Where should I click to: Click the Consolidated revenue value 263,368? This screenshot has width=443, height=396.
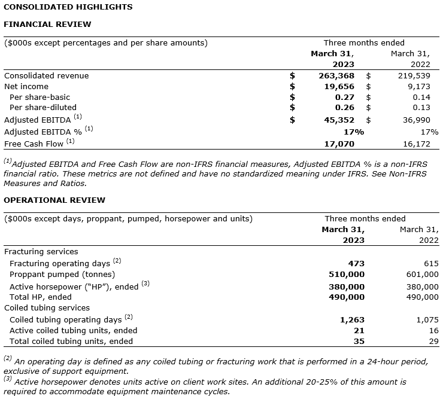click(x=336, y=76)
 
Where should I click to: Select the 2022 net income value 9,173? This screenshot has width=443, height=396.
click(x=418, y=87)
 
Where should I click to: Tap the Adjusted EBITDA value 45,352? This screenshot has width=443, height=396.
click(x=339, y=120)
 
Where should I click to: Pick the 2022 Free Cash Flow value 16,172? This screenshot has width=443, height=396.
click(x=414, y=144)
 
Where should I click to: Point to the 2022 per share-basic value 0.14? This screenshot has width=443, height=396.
click(x=421, y=97)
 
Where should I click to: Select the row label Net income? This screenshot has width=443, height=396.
click(x=26, y=87)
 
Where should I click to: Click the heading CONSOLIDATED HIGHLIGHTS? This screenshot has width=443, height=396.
click(x=68, y=7)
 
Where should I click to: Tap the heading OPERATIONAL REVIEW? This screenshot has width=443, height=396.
click(x=54, y=200)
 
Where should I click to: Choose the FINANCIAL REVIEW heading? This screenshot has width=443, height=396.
click(x=48, y=25)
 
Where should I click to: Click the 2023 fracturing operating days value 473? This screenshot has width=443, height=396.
click(x=356, y=263)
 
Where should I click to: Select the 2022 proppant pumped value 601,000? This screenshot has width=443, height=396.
click(x=418, y=274)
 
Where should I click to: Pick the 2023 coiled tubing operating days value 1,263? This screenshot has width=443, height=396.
click(x=352, y=319)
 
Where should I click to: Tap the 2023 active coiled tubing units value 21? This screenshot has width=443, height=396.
click(x=359, y=330)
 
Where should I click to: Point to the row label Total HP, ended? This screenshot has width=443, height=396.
click(x=41, y=297)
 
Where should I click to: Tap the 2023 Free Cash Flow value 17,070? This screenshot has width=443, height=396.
click(x=339, y=144)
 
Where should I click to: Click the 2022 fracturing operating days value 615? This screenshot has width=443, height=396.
click(x=430, y=263)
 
